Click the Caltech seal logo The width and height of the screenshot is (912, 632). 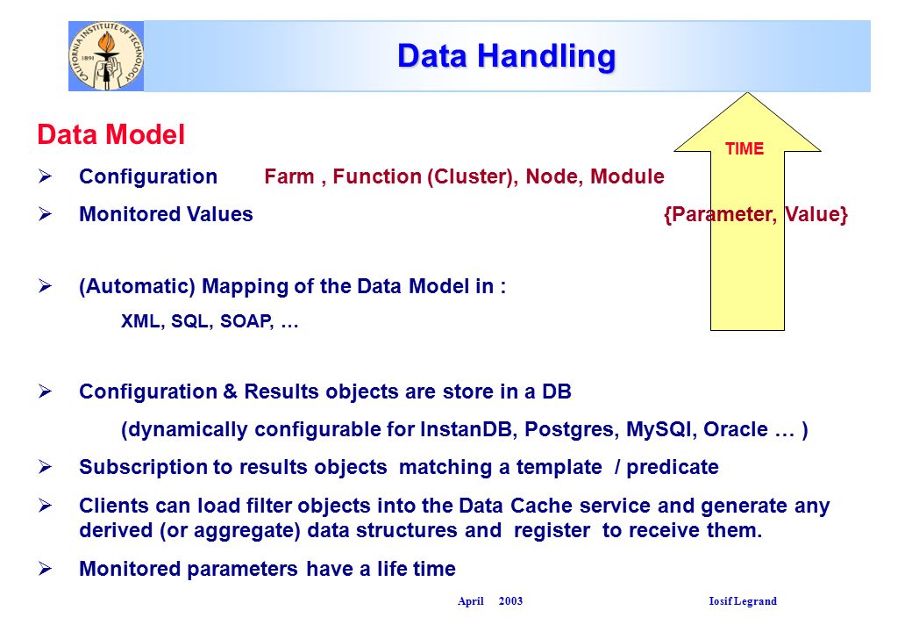[x=106, y=56]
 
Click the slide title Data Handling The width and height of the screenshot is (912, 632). [x=506, y=56]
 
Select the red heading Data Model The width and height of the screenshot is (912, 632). [x=111, y=134]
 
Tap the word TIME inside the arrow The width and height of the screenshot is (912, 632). [x=745, y=149]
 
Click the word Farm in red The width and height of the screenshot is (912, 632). [x=289, y=176]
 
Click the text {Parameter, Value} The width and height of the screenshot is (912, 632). [x=756, y=215]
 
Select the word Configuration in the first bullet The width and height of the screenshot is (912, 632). [x=148, y=177]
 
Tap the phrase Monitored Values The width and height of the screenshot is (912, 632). [x=166, y=214]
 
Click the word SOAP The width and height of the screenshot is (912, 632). [x=246, y=321]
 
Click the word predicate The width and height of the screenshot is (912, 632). [x=673, y=467]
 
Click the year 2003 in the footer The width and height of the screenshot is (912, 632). [x=510, y=601]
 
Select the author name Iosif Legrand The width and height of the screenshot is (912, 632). [x=743, y=601]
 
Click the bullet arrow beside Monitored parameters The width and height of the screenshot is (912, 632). [x=46, y=569]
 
